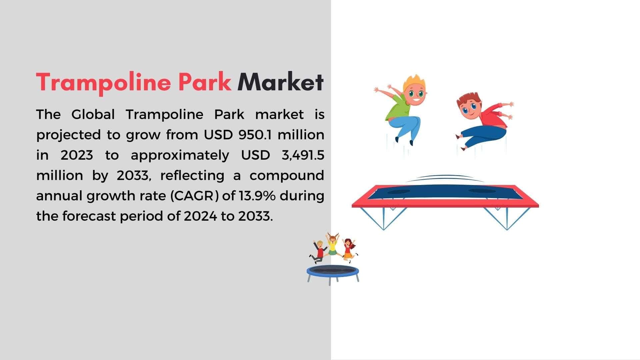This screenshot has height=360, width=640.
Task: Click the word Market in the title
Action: pyautogui.click(x=280, y=82)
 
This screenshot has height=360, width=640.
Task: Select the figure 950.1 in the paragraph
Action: pyautogui.click(x=255, y=135)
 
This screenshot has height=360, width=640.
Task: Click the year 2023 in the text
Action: pyautogui.click(x=77, y=155)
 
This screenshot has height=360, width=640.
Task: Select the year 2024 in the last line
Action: pyautogui.click(x=200, y=216)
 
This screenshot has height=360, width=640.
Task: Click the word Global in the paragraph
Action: pyautogui.click(x=93, y=114)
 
